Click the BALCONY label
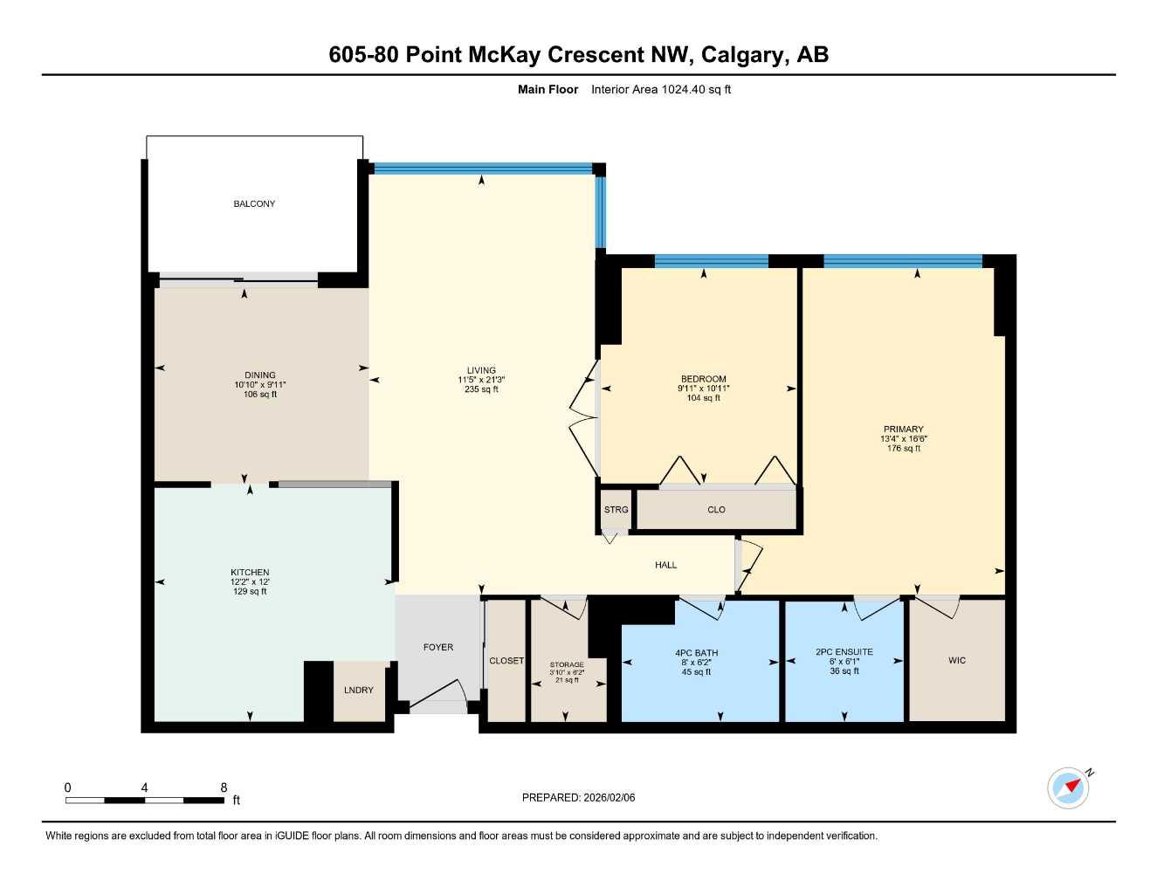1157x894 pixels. tap(254, 203)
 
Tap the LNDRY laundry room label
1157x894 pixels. tap(358, 690)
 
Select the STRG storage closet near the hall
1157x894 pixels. tap(616, 510)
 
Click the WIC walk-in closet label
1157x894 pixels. tap(957, 660)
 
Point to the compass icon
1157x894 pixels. tap(1068, 787)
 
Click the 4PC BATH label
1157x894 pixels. tap(696, 652)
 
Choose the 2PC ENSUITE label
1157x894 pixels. tap(844, 651)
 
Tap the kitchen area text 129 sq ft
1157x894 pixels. tap(250, 592)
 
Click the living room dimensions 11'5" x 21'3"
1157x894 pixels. tap(481, 380)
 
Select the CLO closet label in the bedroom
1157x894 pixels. tap(716, 510)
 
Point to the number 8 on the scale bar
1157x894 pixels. tap(224, 787)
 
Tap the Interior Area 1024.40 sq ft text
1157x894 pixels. tap(660, 89)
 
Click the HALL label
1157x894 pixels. tap(665, 565)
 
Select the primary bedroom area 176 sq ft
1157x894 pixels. tap(903, 449)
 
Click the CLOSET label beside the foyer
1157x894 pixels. tap(506, 661)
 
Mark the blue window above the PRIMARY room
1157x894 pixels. tap(902, 260)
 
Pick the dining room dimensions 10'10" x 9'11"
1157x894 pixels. tap(260, 385)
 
